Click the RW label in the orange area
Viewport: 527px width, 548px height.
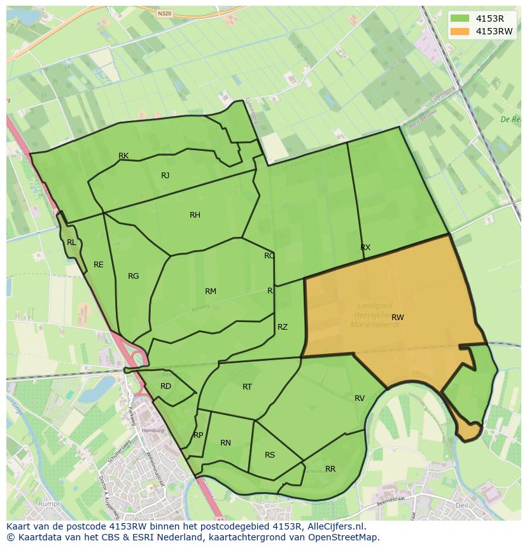[398, 317]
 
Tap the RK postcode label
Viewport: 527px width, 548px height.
[123, 156]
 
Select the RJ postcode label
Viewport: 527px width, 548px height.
[165, 176]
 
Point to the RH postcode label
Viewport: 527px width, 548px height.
[195, 215]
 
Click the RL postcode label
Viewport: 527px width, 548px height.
[71, 242]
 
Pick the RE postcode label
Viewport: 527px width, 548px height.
[98, 265]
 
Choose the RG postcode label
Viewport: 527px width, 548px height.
[133, 276]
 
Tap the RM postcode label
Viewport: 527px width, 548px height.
[211, 292]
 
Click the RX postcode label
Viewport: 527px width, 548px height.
[365, 248]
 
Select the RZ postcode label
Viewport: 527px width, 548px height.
[283, 327]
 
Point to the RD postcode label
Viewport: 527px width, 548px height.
[165, 386]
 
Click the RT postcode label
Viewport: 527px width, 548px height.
[247, 387]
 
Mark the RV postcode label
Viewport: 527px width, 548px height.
[360, 398]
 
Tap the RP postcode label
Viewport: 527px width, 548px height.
[198, 435]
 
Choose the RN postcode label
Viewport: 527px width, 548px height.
[225, 443]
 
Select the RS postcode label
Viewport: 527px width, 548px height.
[270, 455]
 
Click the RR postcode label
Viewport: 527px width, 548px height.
[330, 469]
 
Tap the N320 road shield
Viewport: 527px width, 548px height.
[164, 13]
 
